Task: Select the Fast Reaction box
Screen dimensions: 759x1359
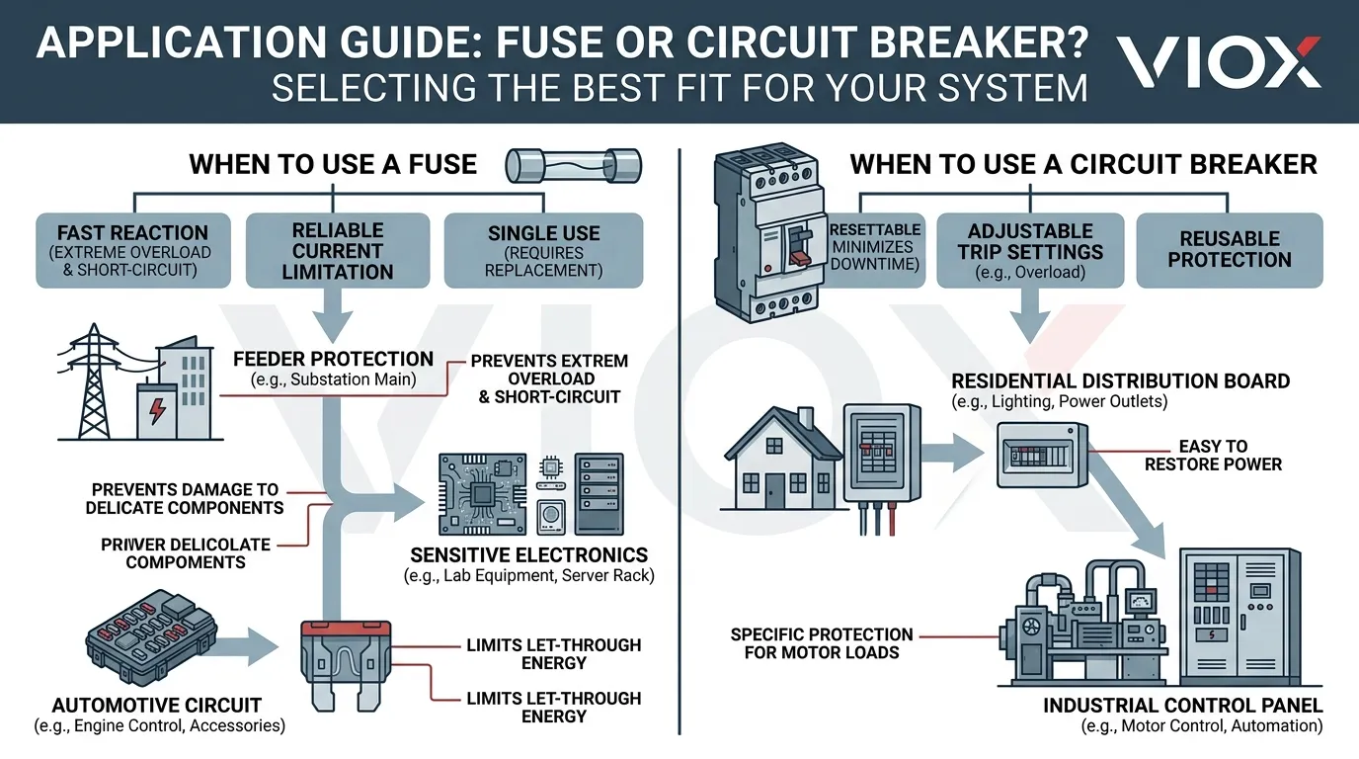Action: pos(132,250)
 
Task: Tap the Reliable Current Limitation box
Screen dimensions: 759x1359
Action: pos(337,250)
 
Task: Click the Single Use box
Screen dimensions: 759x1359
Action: pos(543,250)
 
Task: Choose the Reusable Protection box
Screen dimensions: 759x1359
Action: pos(1229,250)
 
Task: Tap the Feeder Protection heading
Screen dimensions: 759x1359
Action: pos(333,360)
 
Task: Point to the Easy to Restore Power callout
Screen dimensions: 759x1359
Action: pos(1213,456)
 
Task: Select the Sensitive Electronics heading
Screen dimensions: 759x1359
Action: pos(528,555)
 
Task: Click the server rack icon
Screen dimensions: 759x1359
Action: pos(599,494)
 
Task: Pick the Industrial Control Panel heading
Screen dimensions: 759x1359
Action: pos(1182,706)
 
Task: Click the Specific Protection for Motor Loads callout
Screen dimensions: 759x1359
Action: pos(822,643)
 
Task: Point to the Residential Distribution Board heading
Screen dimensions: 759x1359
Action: pos(1120,381)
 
